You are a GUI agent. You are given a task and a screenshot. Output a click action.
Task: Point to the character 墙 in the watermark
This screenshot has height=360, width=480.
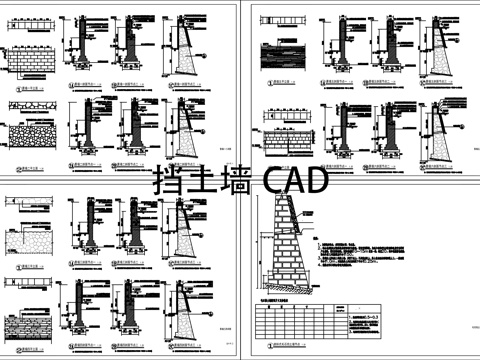click(233, 183)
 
